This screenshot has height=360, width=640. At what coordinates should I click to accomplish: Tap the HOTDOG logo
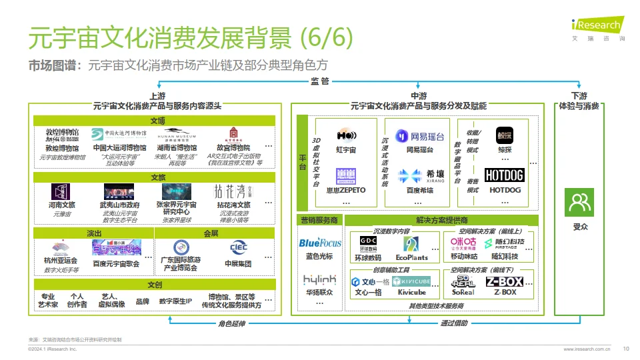[504, 175]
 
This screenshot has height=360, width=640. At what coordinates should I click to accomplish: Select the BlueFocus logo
[320, 243]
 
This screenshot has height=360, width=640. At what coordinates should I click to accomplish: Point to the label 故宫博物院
[233, 148]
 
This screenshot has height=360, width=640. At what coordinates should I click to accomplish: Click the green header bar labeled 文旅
[157, 177]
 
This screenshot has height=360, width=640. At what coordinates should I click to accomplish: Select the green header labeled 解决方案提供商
[441, 220]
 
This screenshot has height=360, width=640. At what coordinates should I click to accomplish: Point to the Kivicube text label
[411, 293]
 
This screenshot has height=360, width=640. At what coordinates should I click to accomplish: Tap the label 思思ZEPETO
[346, 190]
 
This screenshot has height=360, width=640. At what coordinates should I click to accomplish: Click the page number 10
[625, 348]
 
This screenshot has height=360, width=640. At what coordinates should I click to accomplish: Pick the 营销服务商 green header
[319, 220]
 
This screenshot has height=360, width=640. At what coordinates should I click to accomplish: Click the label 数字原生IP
[175, 301]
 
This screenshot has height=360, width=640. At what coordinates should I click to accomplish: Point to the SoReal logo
[463, 282]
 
